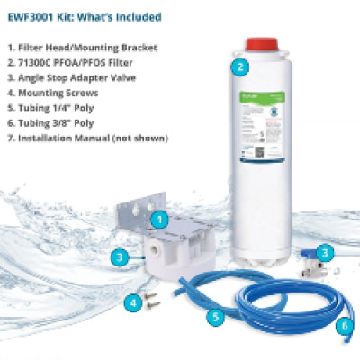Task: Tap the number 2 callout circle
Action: point(239,66)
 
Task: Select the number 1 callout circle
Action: point(157,219)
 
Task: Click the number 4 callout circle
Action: point(133,303)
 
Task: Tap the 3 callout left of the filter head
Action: point(118,258)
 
